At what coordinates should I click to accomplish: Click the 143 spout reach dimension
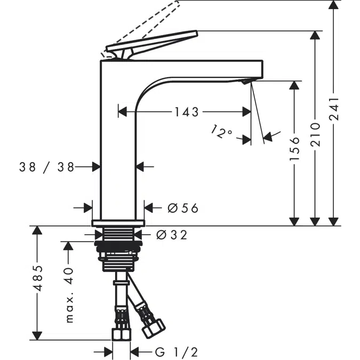point(186,112)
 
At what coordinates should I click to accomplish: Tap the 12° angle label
point(222,132)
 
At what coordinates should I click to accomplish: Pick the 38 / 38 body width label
point(46,167)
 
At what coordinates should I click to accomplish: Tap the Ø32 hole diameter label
point(172,235)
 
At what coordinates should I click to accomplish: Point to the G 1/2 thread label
point(177,352)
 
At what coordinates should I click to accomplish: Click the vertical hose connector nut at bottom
point(121,334)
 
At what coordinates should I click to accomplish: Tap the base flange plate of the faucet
point(118,222)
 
